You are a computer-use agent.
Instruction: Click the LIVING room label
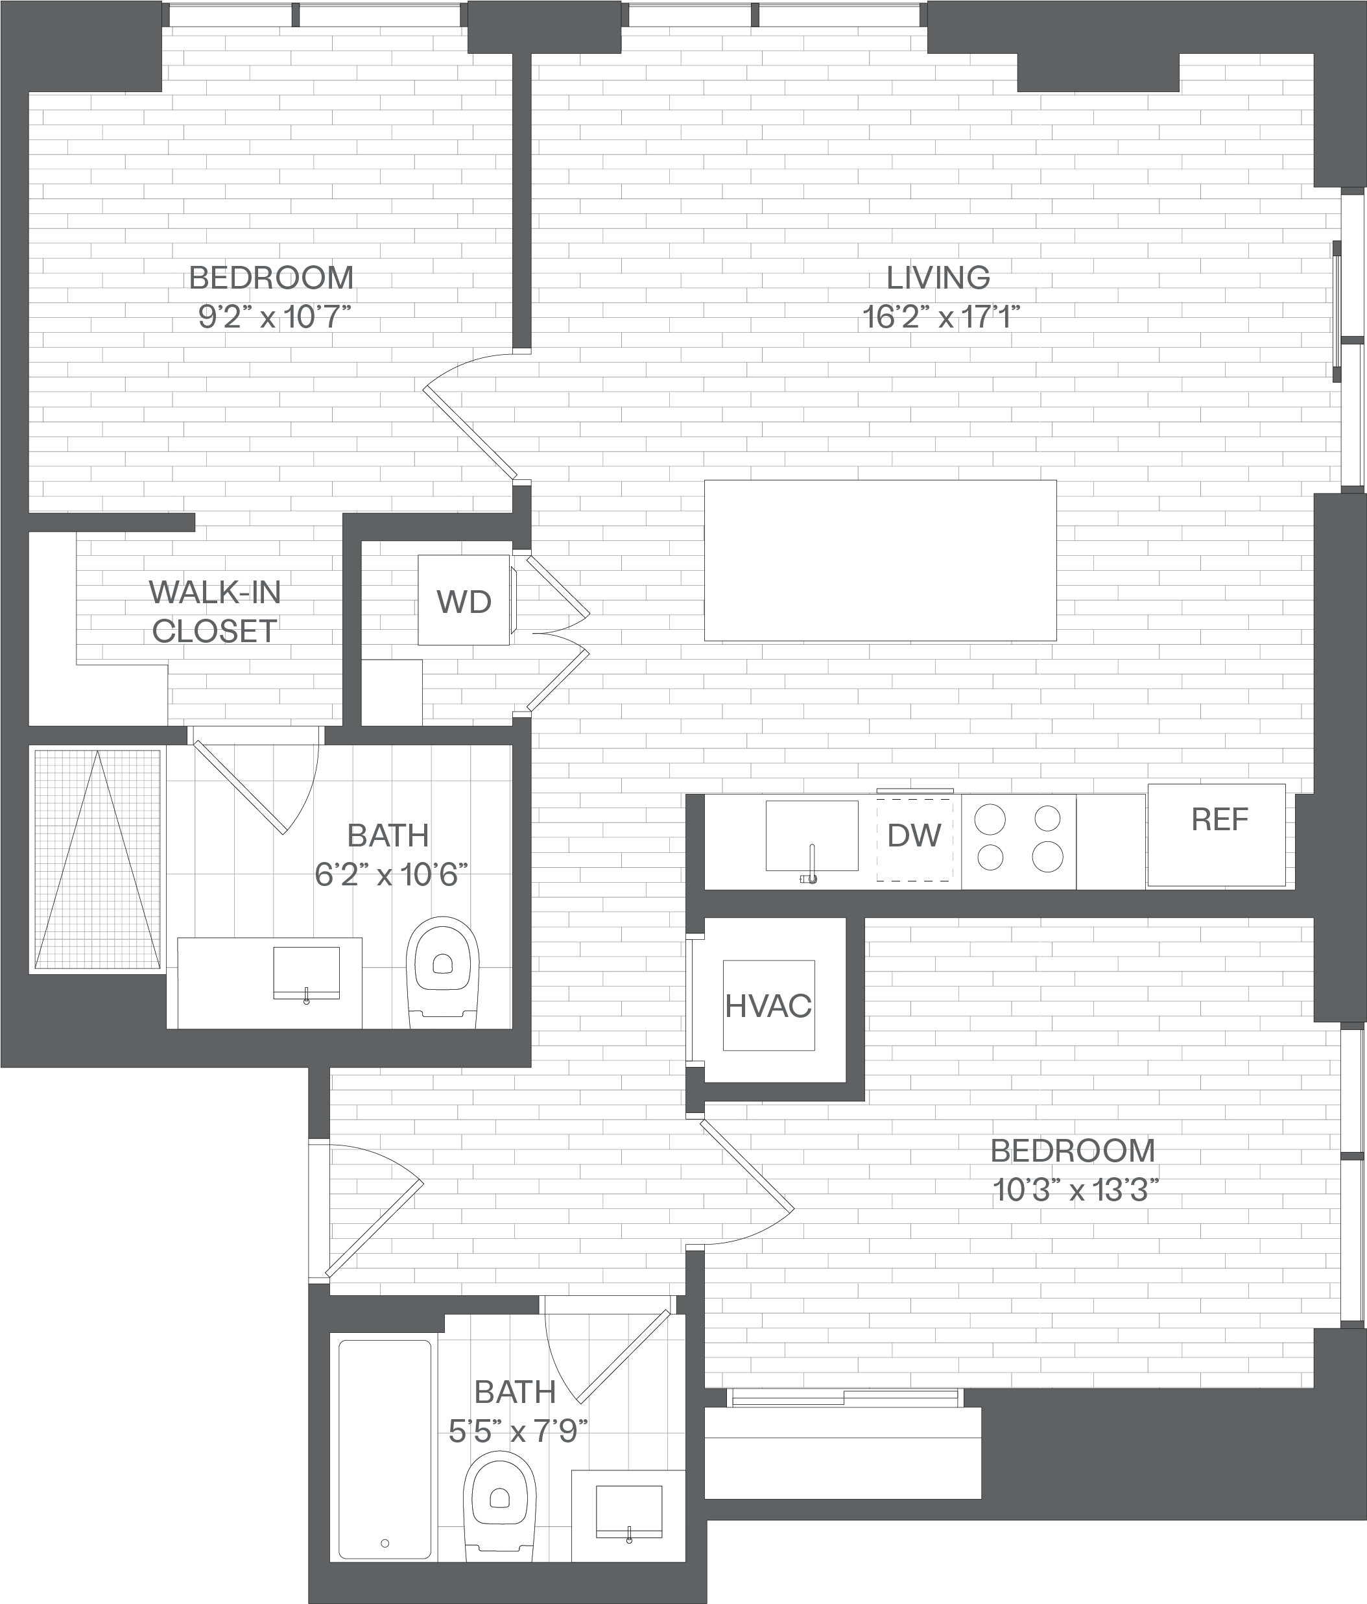pyautogui.click(x=938, y=277)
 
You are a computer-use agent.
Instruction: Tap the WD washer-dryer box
pyautogui.click(x=464, y=600)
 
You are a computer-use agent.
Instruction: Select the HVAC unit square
pyautogui.click(x=768, y=1005)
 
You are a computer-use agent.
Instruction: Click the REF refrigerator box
pyautogui.click(x=1217, y=835)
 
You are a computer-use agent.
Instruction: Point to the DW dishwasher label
pyautogui.click(x=914, y=835)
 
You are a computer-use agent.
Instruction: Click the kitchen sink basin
pyautogui.click(x=812, y=836)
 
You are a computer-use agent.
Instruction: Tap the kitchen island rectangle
pyautogui.click(x=880, y=560)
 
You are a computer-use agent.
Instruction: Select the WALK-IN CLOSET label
pyautogui.click(x=215, y=612)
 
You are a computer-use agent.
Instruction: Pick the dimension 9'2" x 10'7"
pyautogui.click(x=275, y=317)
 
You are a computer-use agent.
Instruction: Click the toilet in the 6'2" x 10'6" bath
pyautogui.click(x=443, y=972)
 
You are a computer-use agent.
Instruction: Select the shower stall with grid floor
pyautogui.click(x=97, y=859)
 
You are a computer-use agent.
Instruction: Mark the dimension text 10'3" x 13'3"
pyautogui.click(x=1075, y=1191)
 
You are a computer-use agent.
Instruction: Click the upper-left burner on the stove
pyautogui.click(x=990, y=819)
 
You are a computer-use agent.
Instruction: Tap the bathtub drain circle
pyautogui.click(x=385, y=1543)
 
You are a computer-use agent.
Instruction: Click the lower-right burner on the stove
pyautogui.click(x=1047, y=856)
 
